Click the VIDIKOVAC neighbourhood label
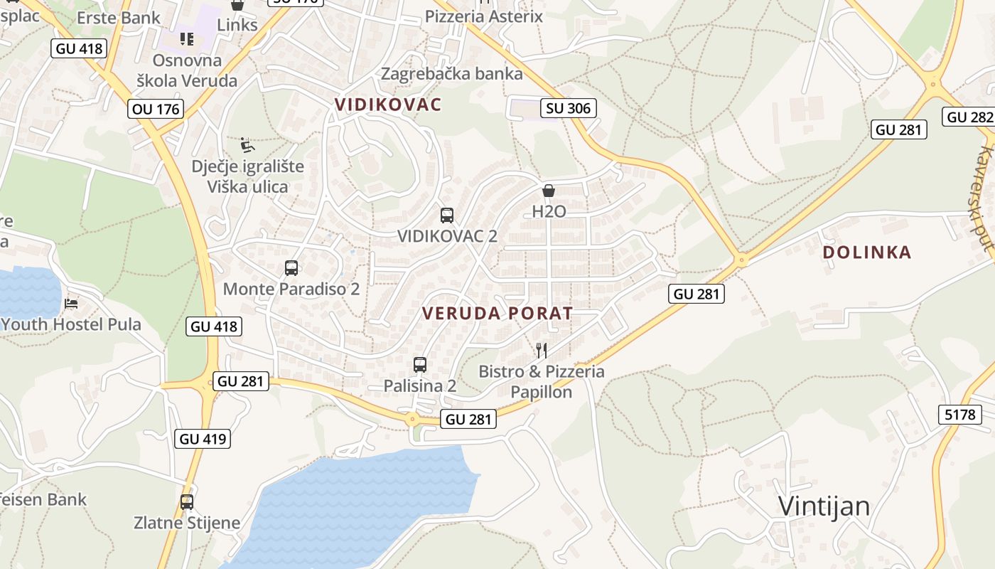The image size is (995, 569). [388, 105]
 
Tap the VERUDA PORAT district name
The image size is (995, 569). [497, 313]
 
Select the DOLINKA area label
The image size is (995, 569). [866, 252]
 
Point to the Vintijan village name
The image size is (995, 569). [824, 506]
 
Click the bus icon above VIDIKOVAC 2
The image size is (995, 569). [447, 216]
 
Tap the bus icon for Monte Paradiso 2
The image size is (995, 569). [291, 268]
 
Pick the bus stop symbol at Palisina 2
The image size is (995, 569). [420, 365]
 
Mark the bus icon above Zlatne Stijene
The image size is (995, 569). [187, 502]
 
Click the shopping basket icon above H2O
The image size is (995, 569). [549, 191]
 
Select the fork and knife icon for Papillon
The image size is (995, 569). [542, 350]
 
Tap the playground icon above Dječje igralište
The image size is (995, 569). [247, 145]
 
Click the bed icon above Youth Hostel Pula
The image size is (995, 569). [71, 304]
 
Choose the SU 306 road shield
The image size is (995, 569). [568, 108]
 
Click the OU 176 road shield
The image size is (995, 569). [156, 109]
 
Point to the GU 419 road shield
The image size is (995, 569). [203, 439]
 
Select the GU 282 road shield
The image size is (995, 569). [969, 117]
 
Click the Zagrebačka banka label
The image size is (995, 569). [452, 73]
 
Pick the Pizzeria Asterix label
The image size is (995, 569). [484, 16]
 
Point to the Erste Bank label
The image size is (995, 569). [119, 18]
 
